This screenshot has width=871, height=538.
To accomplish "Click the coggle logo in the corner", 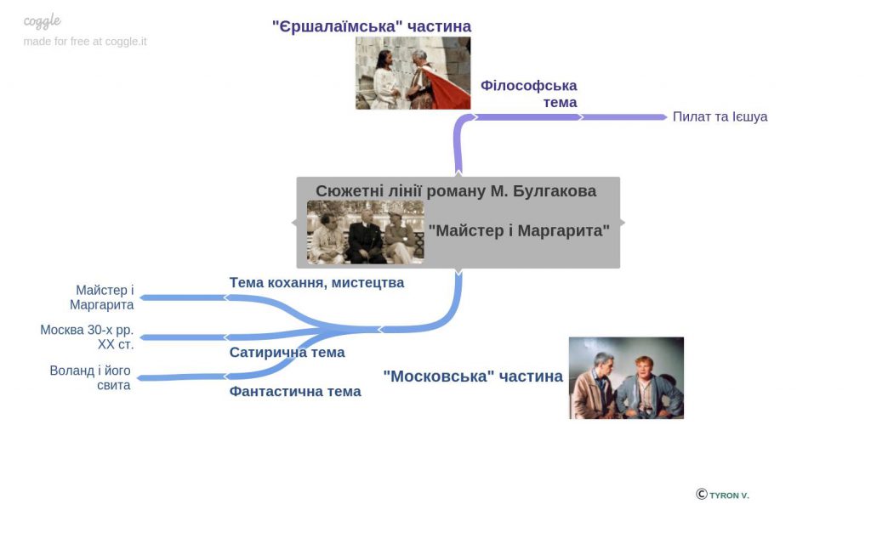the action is coord(43,21).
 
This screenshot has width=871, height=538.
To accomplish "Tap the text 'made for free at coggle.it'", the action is coord(85,41).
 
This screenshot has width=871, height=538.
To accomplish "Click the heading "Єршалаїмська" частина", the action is coord(372,26).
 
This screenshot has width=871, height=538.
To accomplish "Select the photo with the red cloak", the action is coord(413,73).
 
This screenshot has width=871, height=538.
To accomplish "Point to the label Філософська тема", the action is coord(529,93).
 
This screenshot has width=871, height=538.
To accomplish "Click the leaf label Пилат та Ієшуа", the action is coord(720,116).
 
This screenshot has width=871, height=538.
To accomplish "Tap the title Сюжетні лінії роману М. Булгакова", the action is coord(456,191).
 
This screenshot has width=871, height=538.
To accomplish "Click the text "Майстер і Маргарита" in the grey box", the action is coord(519,230).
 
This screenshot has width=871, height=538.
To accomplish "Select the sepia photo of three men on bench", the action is coord(365,232).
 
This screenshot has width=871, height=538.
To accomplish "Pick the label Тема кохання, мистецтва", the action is coord(316,283).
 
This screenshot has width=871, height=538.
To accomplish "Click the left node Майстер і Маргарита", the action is coord(102,297).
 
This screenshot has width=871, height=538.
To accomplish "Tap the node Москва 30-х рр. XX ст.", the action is coord(87,337).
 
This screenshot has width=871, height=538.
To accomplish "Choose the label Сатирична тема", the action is coord(287,353).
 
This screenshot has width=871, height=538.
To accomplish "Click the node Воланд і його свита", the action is coord(90,377).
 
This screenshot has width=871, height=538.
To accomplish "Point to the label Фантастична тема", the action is coord(295,392).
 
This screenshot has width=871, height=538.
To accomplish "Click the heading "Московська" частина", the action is coord(473,377).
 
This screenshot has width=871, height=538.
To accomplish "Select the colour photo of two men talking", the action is coord(626,377).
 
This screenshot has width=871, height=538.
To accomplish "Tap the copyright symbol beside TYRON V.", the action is coord(702,494).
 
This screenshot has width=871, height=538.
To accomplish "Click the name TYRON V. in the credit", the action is coord(729,496).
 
